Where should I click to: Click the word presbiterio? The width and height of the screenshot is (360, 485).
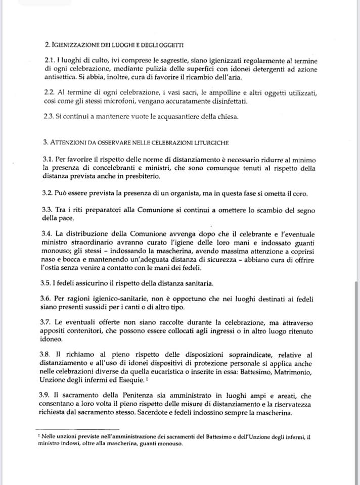[x=150, y=176]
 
